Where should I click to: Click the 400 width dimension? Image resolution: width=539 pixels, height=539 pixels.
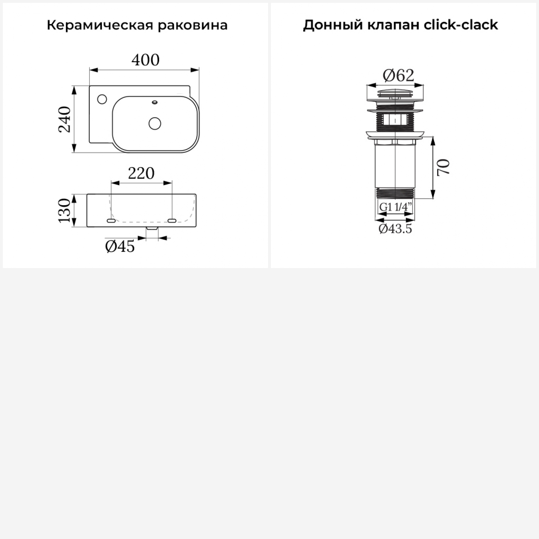click(146, 60)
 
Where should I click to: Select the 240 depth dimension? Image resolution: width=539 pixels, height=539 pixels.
click(65, 119)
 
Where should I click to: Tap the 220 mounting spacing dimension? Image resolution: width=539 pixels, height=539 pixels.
click(141, 173)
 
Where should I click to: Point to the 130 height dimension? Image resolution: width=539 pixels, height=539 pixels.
click(65, 210)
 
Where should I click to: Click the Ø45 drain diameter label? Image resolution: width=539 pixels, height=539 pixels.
click(120, 247)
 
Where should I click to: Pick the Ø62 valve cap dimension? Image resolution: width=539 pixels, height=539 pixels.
click(399, 75)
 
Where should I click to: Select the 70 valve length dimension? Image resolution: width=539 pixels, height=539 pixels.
click(444, 167)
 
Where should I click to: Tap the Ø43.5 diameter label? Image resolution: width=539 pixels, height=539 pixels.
click(395, 229)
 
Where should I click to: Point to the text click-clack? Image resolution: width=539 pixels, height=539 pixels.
click(461, 25)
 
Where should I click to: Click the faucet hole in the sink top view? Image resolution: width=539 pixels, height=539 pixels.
click(102, 99)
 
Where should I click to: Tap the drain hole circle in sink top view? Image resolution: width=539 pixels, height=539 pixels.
click(155, 123)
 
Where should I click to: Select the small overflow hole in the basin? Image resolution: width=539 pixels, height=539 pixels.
click(155, 102)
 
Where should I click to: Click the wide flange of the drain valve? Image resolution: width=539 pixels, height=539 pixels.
click(396, 134)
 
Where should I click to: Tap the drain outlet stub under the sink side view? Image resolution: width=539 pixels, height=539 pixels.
click(152, 229)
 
